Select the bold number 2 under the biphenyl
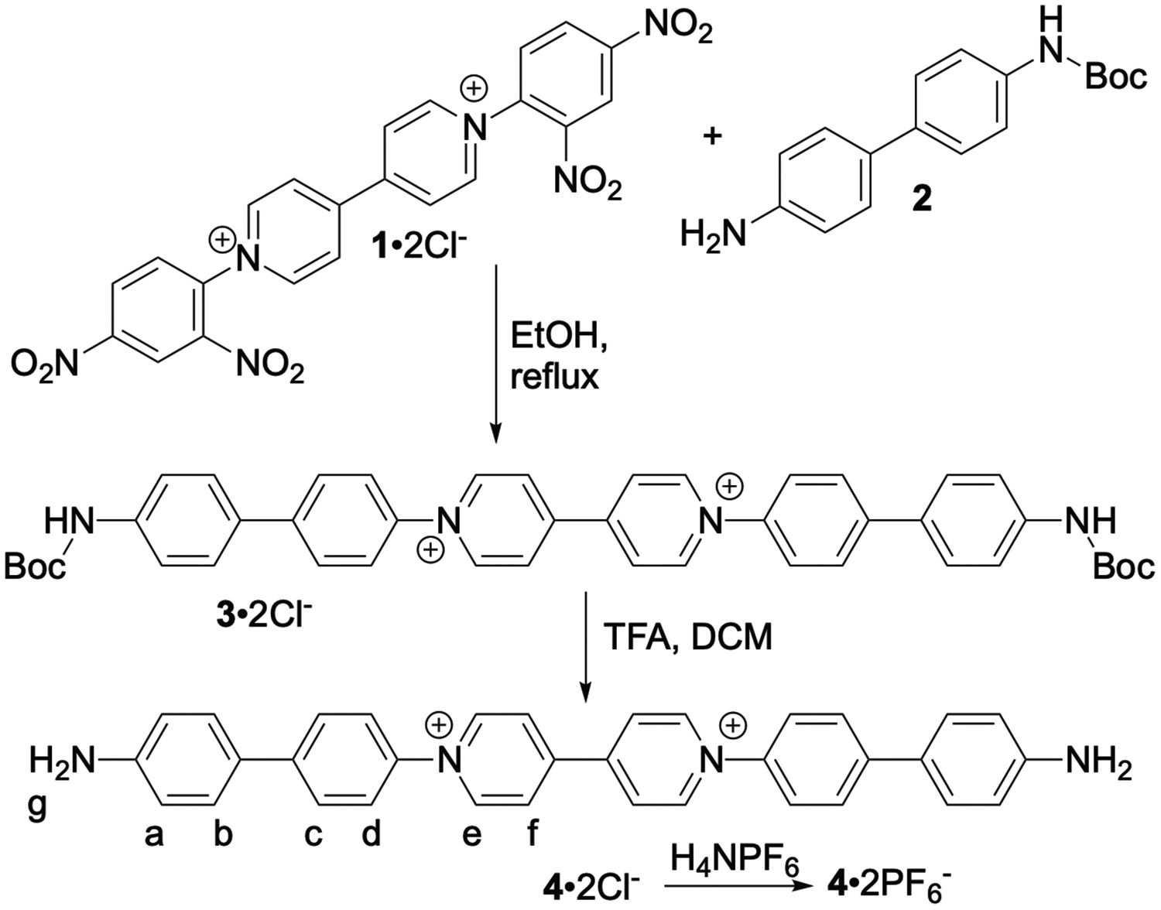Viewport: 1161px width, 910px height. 922,200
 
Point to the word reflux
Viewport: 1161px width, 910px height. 554,377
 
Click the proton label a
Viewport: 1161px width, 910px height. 155,835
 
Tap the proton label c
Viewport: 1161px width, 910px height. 313,835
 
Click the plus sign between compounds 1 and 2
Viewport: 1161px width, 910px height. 712,136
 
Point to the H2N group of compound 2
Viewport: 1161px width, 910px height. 713,231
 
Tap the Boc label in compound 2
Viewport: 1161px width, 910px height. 1115,77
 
